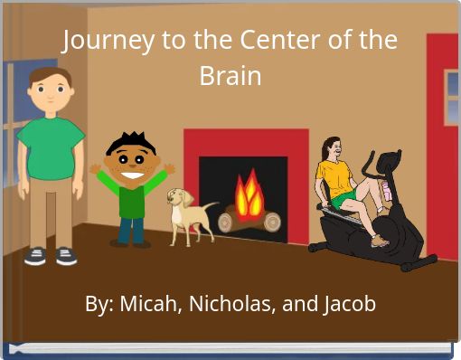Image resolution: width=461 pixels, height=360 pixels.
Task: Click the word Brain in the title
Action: pos(230,77)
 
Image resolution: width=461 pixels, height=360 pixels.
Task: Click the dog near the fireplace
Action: pos(188,213)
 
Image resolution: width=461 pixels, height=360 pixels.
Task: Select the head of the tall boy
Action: pos(50,90)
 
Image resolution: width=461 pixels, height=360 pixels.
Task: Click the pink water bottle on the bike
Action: pos(388,191)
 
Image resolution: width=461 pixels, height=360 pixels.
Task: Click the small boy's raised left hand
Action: pos(169,168)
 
